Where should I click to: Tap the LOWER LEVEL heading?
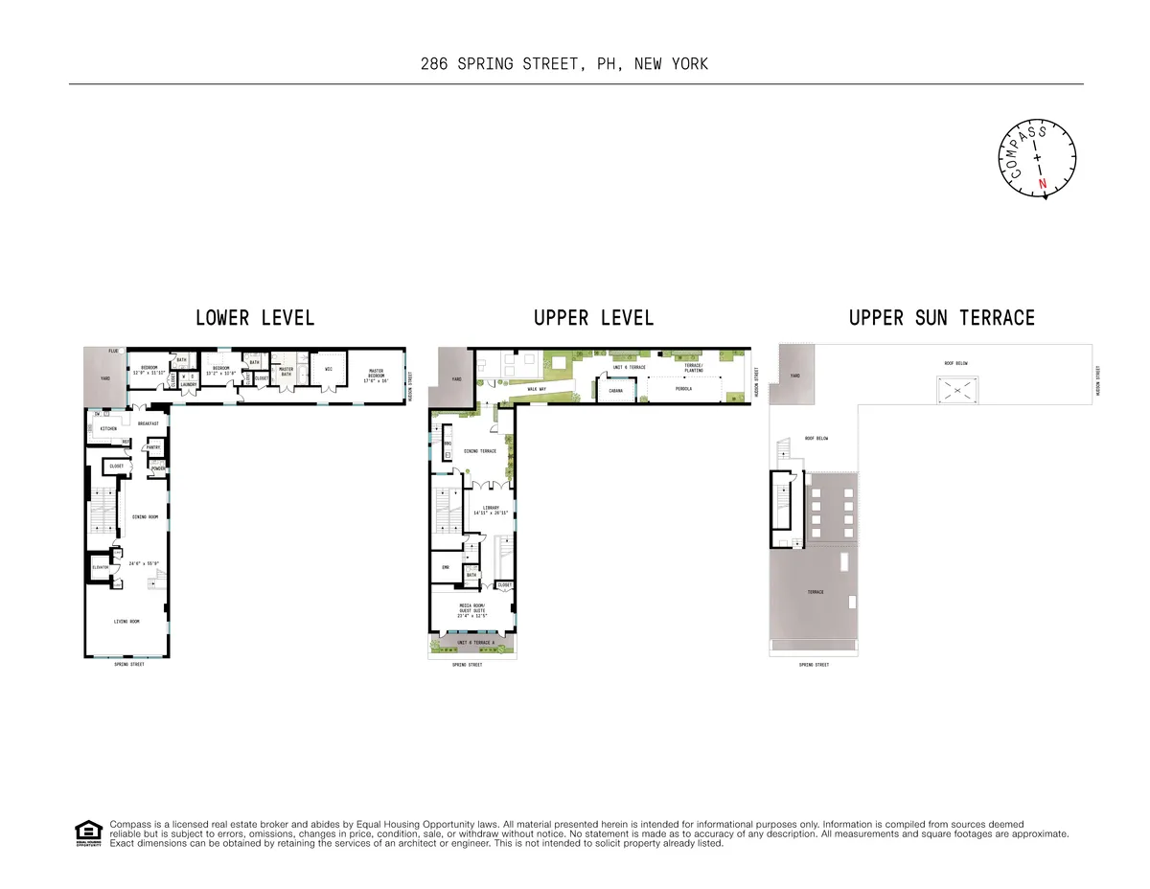255,317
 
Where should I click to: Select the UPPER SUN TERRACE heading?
942,317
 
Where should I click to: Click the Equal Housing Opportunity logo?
87,833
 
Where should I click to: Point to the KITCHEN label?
108,428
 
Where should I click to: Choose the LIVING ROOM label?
127,622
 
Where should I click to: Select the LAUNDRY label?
189,384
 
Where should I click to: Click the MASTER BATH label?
286,371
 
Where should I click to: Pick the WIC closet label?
329,368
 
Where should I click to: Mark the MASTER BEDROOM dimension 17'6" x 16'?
375,380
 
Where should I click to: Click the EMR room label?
446,567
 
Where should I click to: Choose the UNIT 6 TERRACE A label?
475,642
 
